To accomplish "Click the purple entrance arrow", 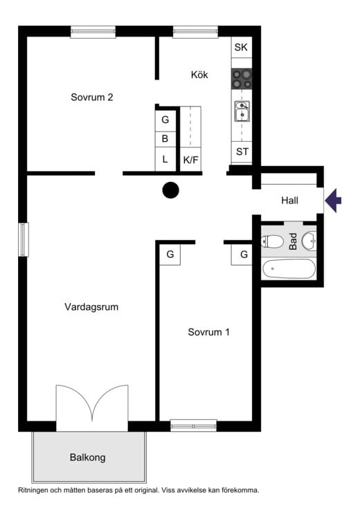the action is (333, 201).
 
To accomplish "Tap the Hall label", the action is (289, 201).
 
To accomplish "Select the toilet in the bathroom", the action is (272, 241).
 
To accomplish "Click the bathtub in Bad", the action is (289, 269).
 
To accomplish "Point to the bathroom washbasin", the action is (309, 241).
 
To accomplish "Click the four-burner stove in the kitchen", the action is (242, 79).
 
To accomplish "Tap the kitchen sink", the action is (242, 111).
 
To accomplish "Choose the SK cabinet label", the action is (241, 47).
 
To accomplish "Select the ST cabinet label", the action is (242, 152).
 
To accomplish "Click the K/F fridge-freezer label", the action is (190, 160).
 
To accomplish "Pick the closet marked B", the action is (165, 139).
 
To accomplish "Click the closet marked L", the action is (165, 160).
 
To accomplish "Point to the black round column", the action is (171, 190).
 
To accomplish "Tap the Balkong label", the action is (88, 457).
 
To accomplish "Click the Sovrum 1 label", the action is (209, 332).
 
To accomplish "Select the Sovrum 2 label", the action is (92, 97).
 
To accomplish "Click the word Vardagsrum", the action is (91, 307).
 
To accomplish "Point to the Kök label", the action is (199, 75).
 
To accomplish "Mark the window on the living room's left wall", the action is (24, 239).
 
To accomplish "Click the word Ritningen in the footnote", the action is (33, 490).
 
